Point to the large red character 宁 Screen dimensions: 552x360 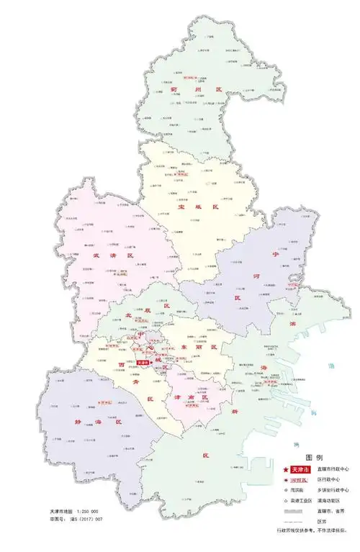click(274, 255)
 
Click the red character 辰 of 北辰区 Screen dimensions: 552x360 click(166, 307)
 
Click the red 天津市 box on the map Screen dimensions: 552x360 click(141, 363)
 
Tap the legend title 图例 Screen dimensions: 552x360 click(314, 458)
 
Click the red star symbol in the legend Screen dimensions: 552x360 click(282, 469)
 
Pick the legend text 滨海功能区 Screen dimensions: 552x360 click(328, 500)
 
